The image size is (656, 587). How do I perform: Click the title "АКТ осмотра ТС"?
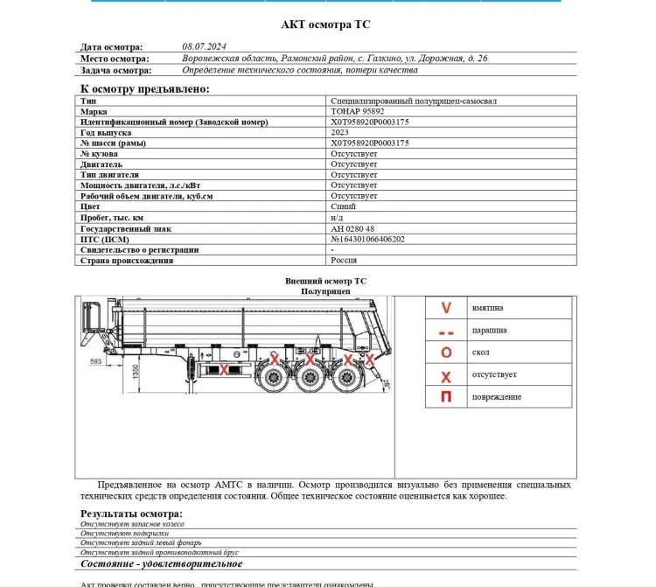325,24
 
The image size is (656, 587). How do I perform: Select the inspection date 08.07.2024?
204,47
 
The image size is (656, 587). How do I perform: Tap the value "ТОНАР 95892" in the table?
358,112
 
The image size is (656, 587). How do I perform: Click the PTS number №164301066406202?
367,239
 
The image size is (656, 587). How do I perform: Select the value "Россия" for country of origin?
343,260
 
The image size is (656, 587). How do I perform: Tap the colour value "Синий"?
343,207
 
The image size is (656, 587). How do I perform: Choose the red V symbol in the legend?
446,308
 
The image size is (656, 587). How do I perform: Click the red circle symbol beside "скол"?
446,353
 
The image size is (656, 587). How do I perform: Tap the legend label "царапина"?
489,331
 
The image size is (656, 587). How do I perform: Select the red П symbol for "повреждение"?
446,398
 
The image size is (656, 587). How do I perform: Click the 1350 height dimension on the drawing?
135,374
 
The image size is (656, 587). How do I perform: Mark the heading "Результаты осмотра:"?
131,514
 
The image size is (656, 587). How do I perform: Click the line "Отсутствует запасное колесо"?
132,523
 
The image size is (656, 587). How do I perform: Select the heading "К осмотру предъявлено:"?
144,88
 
